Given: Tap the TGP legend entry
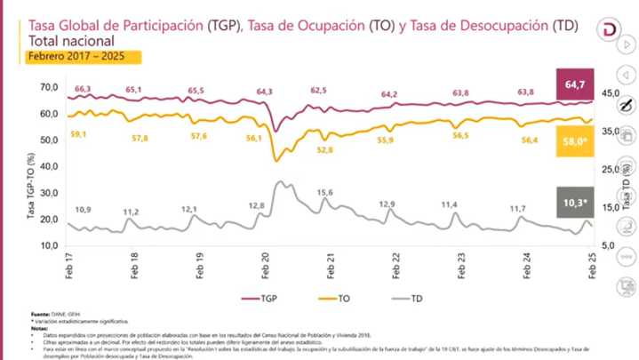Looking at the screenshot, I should click(264, 300).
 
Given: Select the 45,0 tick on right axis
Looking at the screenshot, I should click(611, 93).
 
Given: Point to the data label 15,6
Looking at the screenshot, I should click(324, 193).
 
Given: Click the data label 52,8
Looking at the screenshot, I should click(324, 149).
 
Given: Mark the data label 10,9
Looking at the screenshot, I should click(83, 210).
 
